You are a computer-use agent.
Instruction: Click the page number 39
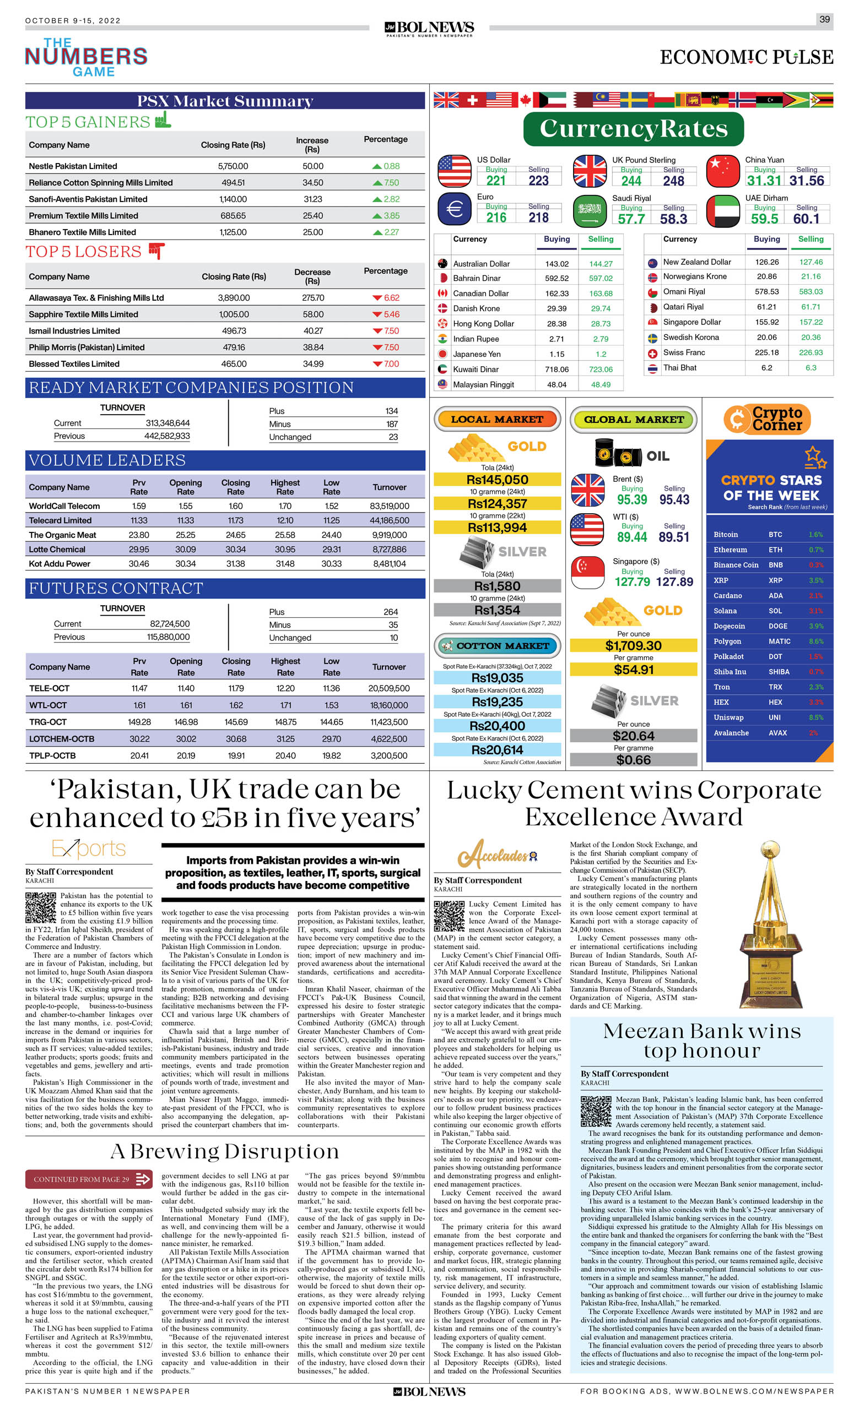pyautogui.click(x=824, y=19)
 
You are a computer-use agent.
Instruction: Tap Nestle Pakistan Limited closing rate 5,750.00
pyautogui.click(x=233, y=166)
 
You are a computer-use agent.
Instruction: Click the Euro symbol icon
pyautogui.click(x=455, y=209)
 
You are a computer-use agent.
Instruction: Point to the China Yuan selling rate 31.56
pyautogui.click(x=806, y=181)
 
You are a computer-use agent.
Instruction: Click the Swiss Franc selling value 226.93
pyautogui.click(x=811, y=353)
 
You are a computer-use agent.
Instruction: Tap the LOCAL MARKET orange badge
pyautogui.click(x=497, y=419)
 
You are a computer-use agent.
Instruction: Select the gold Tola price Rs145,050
pyautogui.click(x=497, y=480)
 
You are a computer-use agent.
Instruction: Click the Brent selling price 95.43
pyautogui.click(x=674, y=500)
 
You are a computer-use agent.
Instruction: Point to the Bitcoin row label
pyautogui.click(x=726, y=535)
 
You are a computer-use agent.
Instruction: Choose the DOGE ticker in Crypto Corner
pyautogui.click(x=778, y=626)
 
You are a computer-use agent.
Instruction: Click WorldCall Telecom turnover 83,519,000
pyautogui.click(x=389, y=506)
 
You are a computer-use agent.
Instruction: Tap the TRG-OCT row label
pyautogui.click(x=48, y=722)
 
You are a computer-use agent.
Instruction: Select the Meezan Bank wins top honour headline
pyautogui.click(x=701, y=1041)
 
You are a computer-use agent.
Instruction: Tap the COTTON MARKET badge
pyautogui.click(x=497, y=646)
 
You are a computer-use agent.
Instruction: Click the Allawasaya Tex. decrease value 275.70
pyautogui.click(x=312, y=298)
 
